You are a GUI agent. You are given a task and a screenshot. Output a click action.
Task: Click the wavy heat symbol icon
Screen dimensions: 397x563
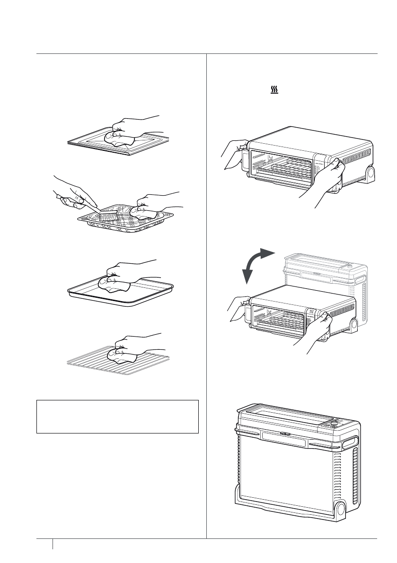click(273, 89)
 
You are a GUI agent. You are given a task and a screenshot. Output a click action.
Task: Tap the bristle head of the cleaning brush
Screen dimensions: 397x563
click(108, 215)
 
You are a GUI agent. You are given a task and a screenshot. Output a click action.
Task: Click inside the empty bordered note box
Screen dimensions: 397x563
click(117, 416)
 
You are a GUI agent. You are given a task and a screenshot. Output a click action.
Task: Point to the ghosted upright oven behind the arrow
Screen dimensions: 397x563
click(326, 274)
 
